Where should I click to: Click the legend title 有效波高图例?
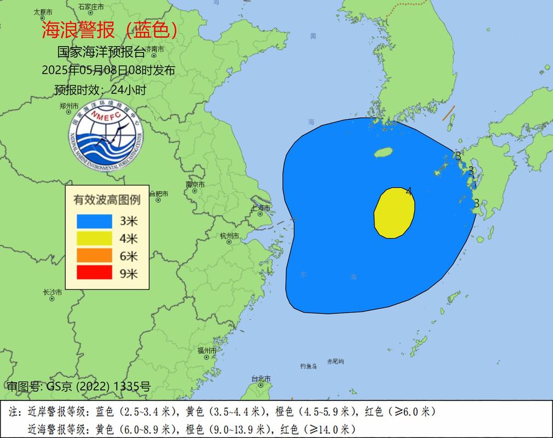[107, 200]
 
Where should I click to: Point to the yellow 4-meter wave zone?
[394, 213]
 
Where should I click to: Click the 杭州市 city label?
[229, 236]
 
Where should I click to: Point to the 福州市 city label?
[208, 350]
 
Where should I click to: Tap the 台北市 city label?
[261, 378]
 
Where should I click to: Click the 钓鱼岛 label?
[308, 366]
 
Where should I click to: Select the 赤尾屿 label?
[335, 362]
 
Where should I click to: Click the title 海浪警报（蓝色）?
[110, 30]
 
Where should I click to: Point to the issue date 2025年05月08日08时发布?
[108, 70]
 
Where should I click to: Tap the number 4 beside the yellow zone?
[409, 191]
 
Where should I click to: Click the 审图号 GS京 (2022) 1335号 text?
[78, 387]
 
